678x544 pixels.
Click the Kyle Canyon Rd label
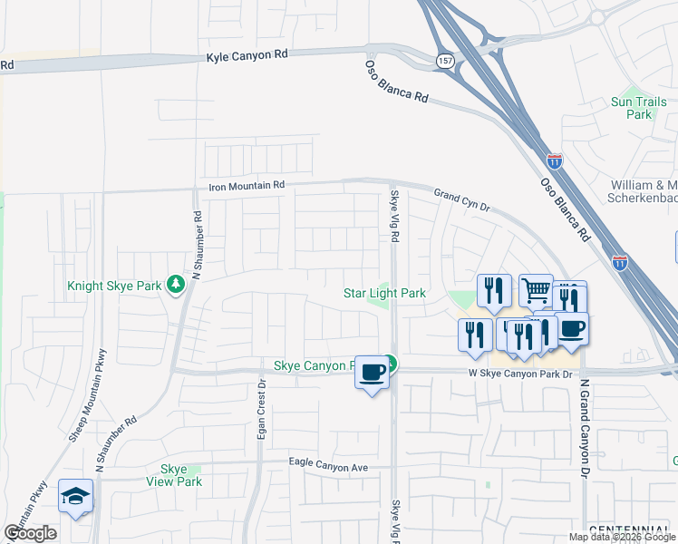pos(247,55)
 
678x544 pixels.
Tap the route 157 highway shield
pos(445,60)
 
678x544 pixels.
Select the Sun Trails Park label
pos(632,108)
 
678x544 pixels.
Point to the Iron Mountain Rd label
pos(247,186)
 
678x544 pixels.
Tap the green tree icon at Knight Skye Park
pos(175,286)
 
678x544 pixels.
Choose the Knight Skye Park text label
pos(114,286)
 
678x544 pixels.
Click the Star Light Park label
pos(384,293)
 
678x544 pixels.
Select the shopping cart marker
pos(536,291)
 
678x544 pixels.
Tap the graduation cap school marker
pos(76,496)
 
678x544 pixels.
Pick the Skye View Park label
pos(174,475)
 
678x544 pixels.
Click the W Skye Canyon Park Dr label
pos(521,374)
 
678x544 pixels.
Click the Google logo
pos(30,532)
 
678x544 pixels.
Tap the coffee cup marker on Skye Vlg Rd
pos(373,372)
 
